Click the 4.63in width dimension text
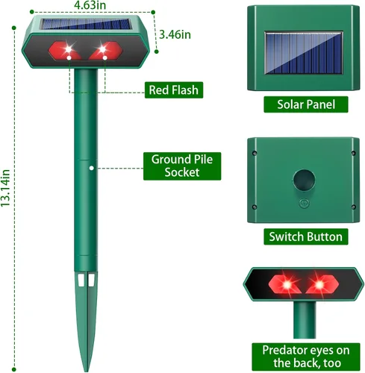[x=90, y=5]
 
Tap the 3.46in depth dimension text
[x=175, y=34]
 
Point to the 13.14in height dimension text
[x=5, y=188]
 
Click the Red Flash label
[x=174, y=90]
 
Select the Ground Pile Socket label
[x=182, y=166]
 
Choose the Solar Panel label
[x=306, y=104]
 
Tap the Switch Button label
[x=306, y=236]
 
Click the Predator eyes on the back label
[x=306, y=357]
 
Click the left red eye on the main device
[x=65, y=51]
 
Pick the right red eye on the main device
[x=106, y=51]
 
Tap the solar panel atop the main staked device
[x=86, y=24]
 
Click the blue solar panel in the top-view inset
[x=304, y=53]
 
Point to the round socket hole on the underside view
[x=304, y=181]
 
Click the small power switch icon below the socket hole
[x=304, y=204]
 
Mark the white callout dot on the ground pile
[x=92, y=169]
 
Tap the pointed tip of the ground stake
[x=86, y=371]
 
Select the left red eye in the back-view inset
[x=285, y=284]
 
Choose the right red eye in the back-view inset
[x=322, y=284]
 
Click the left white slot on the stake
[x=81, y=280]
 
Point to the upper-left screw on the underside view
[x=255, y=153]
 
